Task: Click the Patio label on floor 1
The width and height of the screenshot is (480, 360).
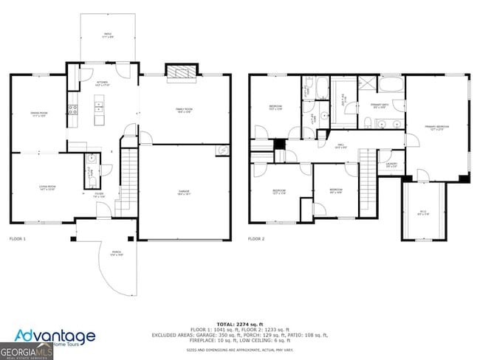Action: [x=108, y=35]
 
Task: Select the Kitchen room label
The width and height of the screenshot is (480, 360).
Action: [x=103, y=83]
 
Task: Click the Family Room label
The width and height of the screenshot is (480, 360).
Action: [x=184, y=111]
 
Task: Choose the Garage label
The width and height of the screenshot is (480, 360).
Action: [x=183, y=192]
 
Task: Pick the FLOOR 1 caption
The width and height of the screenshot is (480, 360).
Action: [x=18, y=239]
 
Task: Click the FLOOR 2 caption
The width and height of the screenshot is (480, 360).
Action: [x=256, y=239]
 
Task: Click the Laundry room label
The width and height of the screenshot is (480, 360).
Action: [x=391, y=165]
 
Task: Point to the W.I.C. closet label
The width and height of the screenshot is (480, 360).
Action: [x=423, y=213]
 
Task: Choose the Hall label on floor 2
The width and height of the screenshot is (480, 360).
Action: [x=341, y=145]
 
